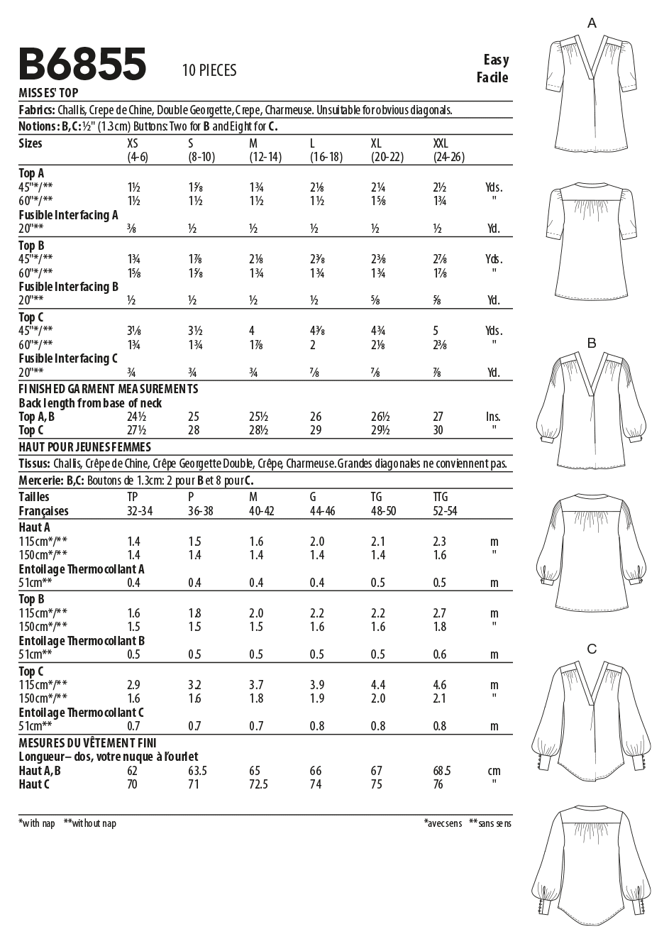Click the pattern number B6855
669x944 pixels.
pyautogui.click(x=83, y=64)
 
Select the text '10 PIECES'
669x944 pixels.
pyautogui.click(x=209, y=70)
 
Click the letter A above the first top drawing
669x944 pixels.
pyautogui.click(x=592, y=23)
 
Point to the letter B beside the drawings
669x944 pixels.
pyautogui.click(x=592, y=344)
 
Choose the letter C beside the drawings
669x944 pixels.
pyautogui.click(x=592, y=649)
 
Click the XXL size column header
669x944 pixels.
pyautogui.click(x=441, y=143)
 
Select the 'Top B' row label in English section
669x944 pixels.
pyautogui.click(x=32, y=245)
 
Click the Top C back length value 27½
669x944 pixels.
pyautogui.click(x=136, y=430)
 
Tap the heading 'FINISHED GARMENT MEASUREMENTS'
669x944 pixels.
pyautogui.click(x=109, y=389)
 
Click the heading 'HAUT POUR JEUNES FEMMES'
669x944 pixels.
pyautogui.click(x=84, y=447)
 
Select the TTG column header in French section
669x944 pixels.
pyautogui.click(x=441, y=497)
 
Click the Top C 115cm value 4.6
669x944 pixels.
pyautogui.click(x=440, y=685)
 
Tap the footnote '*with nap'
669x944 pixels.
pyautogui.click(x=37, y=823)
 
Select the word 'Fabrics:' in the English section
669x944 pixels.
pyautogui.click(x=38, y=111)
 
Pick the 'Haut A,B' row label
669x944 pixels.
pyautogui.click(x=40, y=771)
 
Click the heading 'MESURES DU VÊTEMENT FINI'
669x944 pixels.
pyautogui.click(x=87, y=743)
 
